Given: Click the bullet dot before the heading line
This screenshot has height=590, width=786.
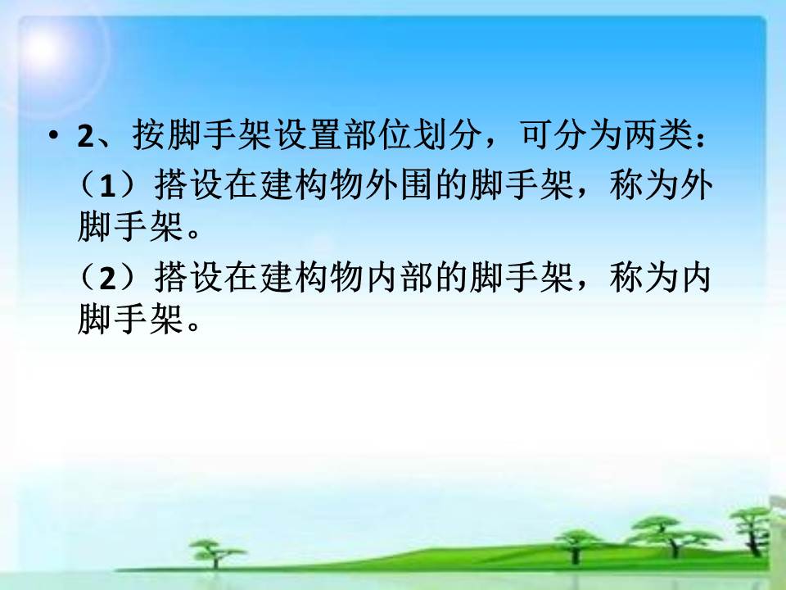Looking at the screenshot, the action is coord(54,136).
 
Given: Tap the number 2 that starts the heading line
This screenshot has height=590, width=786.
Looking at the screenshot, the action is coord(86,136).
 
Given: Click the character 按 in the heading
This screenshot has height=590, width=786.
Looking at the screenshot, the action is coord(149,135).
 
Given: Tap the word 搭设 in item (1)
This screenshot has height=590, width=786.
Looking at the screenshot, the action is coord(188,184).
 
